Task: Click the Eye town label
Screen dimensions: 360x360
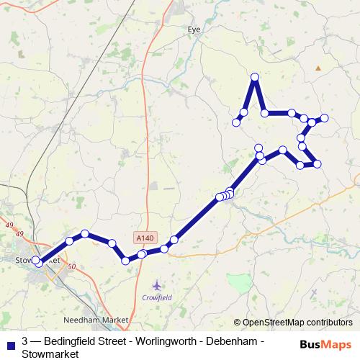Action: (x=193, y=30)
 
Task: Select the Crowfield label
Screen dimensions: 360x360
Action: (x=158, y=297)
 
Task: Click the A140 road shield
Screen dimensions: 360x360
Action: (x=144, y=237)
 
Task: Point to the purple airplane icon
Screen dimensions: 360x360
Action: (x=158, y=285)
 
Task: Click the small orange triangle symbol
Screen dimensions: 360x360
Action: (x=318, y=68)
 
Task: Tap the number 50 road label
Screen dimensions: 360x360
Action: (x=71, y=267)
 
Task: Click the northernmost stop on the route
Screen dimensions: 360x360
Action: (x=254, y=76)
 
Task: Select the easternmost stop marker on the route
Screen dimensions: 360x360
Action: (x=324, y=117)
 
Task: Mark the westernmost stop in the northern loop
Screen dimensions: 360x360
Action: (x=236, y=123)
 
